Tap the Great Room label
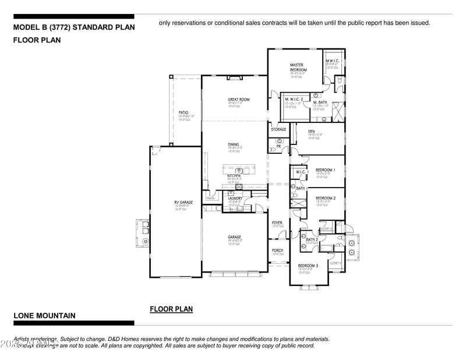tap(238, 100)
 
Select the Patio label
tap(183, 112)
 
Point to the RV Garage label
tap(183, 202)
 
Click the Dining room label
tap(233, 144)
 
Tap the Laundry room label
tap(235, 199)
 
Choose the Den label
tap(312, 132)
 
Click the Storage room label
tap(278, 129)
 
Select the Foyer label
tap(277, 223)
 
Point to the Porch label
tap(277, 250)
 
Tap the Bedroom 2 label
tap(326, 198)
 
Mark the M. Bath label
tap(320, 103)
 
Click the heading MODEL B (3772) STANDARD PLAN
tap(74, 27)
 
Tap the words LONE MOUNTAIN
tap(44, 316)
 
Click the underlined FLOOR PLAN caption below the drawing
tap(171, 309)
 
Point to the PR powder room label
tap(278, 147)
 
